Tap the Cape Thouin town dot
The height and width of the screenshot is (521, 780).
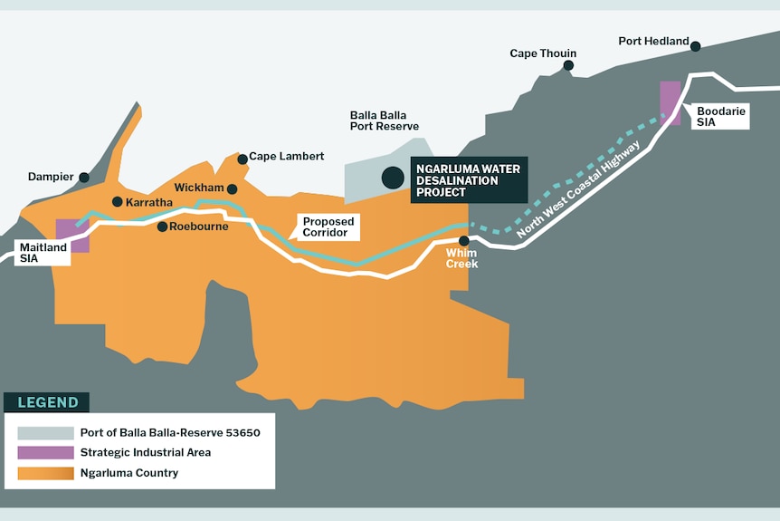(568, 65)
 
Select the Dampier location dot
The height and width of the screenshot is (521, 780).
(84, 178)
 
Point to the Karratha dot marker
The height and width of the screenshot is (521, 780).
(117, 201)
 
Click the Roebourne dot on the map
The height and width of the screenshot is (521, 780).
(162, 227)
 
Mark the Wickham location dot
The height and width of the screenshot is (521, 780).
(233, 189)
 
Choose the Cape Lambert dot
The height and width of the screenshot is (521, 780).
(243, 159)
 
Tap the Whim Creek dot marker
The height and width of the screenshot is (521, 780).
(464, 241)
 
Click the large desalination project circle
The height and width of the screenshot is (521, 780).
(393, 178)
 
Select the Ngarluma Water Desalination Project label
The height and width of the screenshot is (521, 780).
(469, 179)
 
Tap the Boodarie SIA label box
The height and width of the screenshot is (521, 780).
(720, 116)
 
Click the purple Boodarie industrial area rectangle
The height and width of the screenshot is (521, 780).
(670, 102)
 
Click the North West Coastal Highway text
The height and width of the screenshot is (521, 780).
(580, 190)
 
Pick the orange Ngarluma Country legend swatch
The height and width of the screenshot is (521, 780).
(44, 473)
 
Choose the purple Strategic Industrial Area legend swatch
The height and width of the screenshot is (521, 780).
(44, 452)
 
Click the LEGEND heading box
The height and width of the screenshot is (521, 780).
(46, 402)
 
